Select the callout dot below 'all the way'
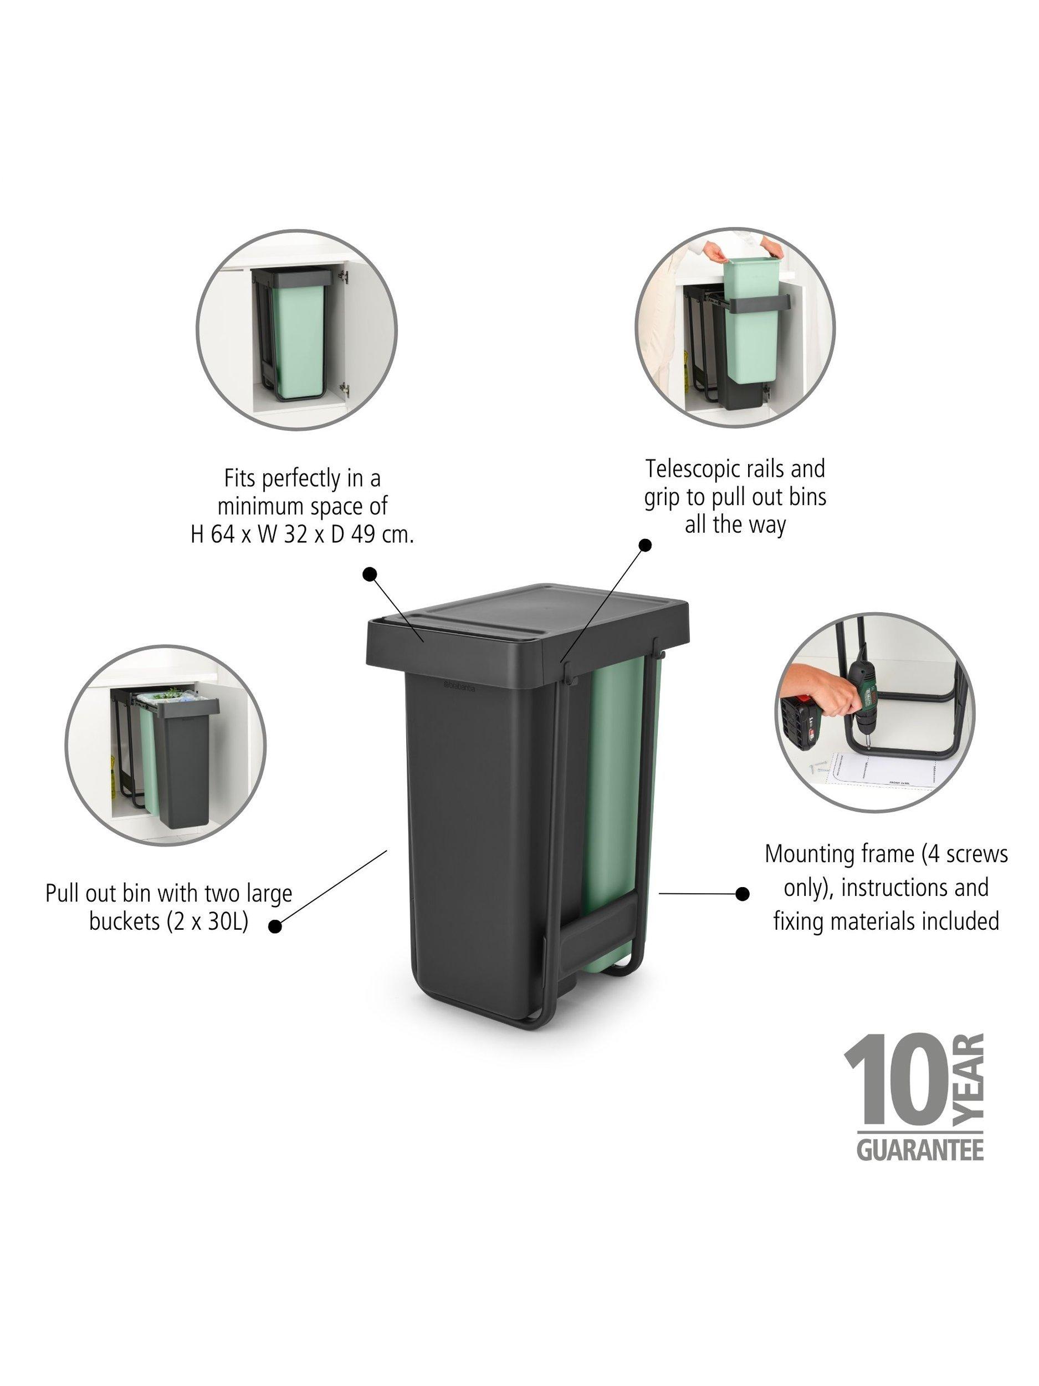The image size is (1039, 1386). pos(644,545)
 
